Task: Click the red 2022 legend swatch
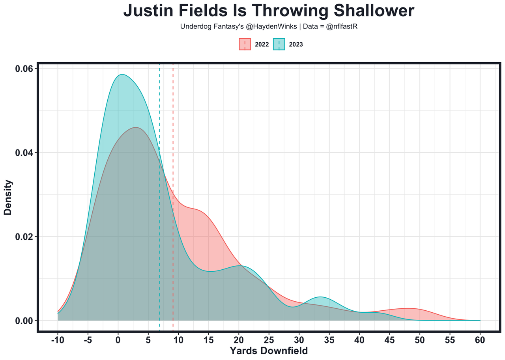click(x=245, y=44)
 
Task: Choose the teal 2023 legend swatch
click(x=279, y=44)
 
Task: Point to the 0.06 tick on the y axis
click(x=24, y=69)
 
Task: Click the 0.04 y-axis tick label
click(x=24, y=153)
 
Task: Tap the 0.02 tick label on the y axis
click(x=24, y=237)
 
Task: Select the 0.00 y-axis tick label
click(x=24, y=321)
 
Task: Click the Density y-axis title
click(x=8, y=197)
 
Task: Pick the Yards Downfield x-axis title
click(x=269, y=351)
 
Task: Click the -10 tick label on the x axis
click(x=58, y=340)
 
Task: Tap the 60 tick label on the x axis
click(x=480, y=340)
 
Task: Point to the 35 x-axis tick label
click(x=329, y=340)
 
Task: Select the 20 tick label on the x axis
click(x=239, y=340)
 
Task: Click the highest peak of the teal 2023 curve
click(x=122, y=75)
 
